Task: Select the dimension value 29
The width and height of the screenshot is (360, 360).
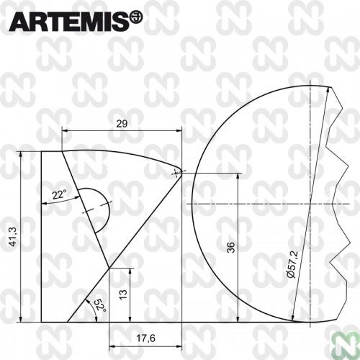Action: [122, 124]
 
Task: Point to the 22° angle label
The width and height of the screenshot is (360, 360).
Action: [60, 194]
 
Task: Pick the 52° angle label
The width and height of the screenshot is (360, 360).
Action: [99, 305]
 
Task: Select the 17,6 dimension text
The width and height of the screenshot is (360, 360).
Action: [145, 338]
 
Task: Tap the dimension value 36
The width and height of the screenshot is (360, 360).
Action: [230, 247]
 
